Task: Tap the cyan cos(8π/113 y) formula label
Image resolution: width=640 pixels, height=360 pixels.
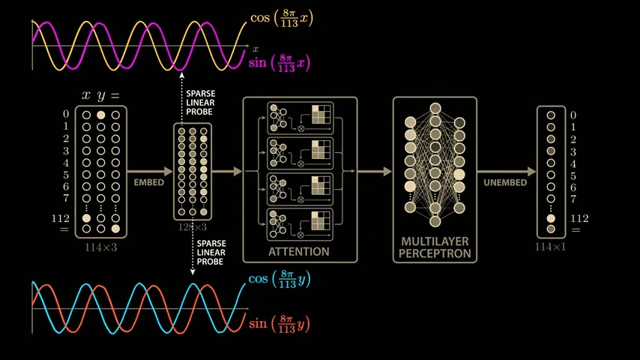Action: coord(279,280)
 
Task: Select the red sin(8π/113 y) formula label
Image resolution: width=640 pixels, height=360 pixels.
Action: coord(279,324)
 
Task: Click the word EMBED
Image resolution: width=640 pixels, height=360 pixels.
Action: coord(148,182)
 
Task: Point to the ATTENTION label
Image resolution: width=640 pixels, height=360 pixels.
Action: coord(298,251)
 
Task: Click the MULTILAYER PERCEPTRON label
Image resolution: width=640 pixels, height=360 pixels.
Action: coord(435,247)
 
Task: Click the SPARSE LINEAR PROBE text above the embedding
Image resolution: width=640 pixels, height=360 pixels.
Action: coord(200,103)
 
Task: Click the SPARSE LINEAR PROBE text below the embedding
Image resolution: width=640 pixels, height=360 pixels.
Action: coord(211,252)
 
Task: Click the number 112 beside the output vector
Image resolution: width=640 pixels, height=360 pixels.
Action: coord(579,218)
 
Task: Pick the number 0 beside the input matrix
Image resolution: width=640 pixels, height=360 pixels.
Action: coord(67,115)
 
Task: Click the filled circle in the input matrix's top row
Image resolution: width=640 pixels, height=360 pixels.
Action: coord(101,115)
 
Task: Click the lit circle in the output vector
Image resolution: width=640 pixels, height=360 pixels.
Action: coord(551,218)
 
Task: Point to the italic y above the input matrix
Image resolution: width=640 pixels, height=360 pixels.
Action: coord(101,95)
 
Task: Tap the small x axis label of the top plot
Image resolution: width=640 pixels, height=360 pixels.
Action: coord(256,49)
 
